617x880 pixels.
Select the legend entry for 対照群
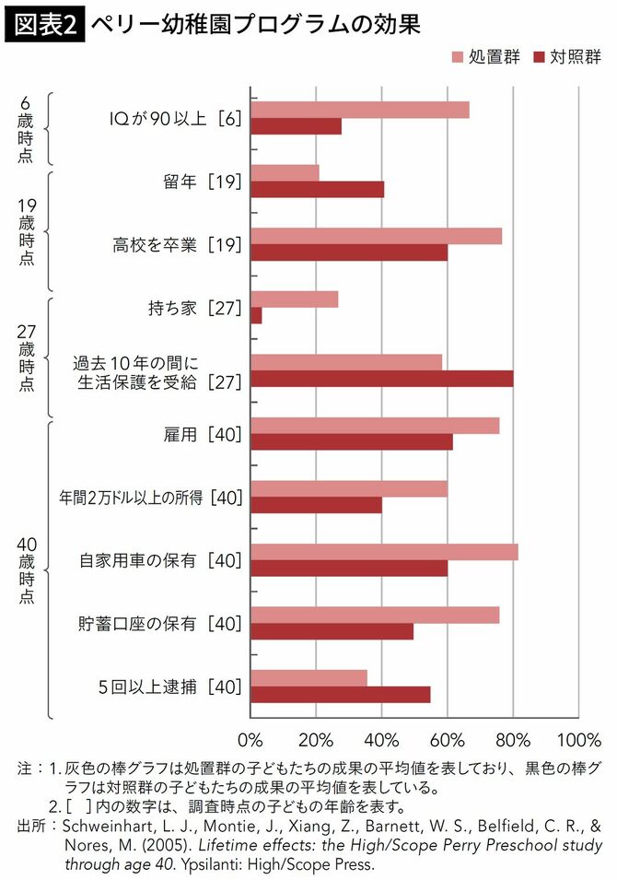565,57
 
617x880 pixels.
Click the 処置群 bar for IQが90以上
359,110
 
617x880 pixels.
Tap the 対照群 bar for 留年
317,190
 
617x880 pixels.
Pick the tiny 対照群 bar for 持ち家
256,316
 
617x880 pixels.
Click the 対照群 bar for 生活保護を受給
381,379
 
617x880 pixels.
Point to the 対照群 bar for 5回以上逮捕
340,695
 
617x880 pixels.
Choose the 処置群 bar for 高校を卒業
376,236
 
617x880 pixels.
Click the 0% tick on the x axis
250,740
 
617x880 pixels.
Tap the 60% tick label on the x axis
448,740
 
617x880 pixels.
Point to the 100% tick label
578,740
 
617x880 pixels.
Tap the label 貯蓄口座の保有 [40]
159,624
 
